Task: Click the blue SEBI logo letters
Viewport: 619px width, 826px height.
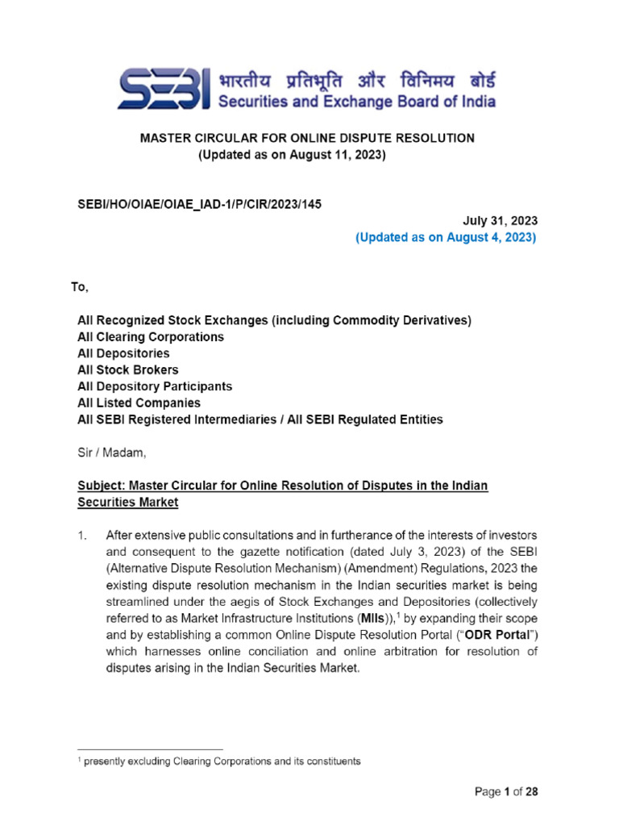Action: (166, 88)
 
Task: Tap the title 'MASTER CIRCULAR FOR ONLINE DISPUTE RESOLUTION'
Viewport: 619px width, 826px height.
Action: (309, 138)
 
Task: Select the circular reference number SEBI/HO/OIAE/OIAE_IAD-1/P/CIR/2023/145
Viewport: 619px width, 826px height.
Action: (199, 204)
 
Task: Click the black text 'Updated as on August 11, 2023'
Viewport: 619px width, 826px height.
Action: (293, 154)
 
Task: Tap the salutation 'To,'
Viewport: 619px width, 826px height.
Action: (81, 287)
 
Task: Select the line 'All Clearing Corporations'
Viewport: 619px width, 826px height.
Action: (151, 336)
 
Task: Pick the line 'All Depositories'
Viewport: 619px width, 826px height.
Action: (123, 353)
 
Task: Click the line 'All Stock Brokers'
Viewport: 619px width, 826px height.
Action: (128, 369)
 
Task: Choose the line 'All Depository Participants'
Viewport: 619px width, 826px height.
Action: (155, 386)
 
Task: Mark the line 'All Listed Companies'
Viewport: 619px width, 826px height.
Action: (139, 403)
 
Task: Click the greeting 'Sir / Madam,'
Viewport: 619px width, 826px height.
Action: (112, 453)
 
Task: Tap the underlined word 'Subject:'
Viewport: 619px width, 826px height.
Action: (103, 486)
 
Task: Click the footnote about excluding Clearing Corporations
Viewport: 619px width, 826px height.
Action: (222, 761)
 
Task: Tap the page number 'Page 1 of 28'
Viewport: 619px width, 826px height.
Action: (505, 791)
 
